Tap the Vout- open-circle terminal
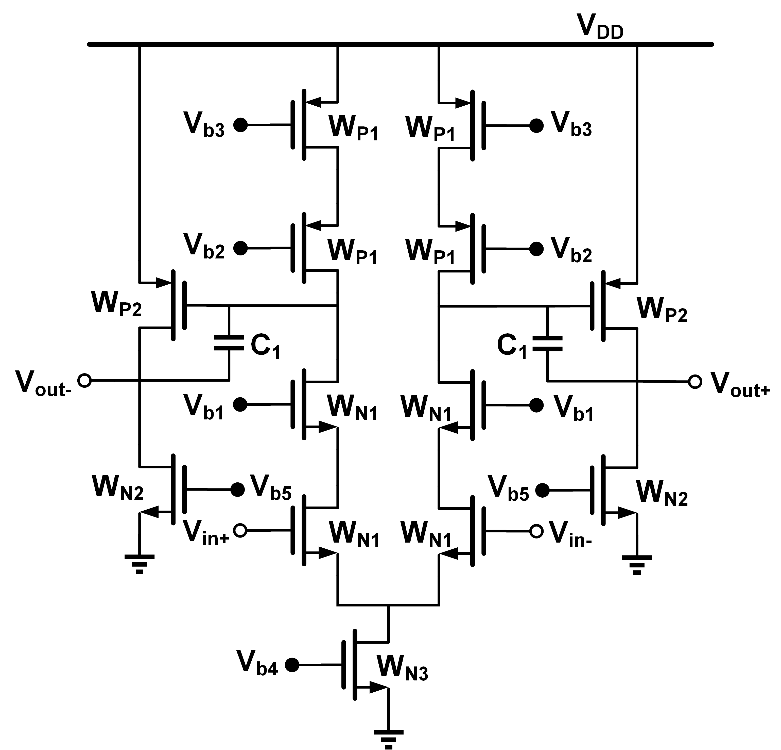(84, 380)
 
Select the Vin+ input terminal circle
(240, 531)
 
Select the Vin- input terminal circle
(536, 531)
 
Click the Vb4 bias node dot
(292, 665)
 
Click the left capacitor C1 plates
(229, 343)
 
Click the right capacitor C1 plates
(547, 343)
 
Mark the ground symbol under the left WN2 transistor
(140, 563)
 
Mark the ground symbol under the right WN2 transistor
(637, 564)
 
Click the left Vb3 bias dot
(240, 125)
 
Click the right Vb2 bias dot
(536, 249)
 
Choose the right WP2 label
(662, 309)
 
